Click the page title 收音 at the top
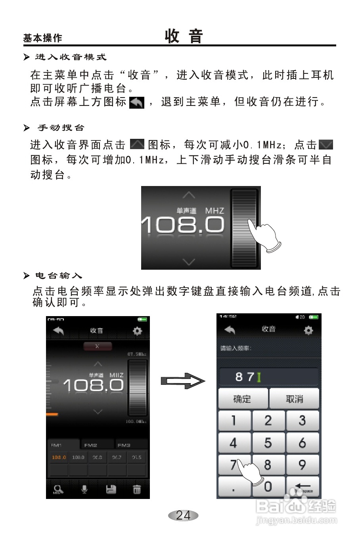tap(184, 36)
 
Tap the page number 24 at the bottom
tap(183, 515)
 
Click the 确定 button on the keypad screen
tap(243, 399)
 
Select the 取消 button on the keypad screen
tap(294, 399)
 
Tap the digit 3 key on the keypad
tap(303, 420)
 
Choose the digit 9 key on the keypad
tap(303, 464)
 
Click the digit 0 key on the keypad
tap(268, 486)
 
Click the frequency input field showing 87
tap(268, 377)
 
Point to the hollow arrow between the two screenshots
tap(183, 381)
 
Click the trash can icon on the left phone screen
tap(137, 489)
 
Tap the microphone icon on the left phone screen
tap(84, 489)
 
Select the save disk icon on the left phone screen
tap(111, 489)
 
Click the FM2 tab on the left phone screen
tap(91, 445)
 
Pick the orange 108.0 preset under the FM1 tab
tap(59, 457)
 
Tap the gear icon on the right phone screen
tap(308, 330)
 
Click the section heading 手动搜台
tap(61, 128)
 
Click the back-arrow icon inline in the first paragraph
tap(137, 102)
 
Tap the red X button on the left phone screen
tap(98, 346)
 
